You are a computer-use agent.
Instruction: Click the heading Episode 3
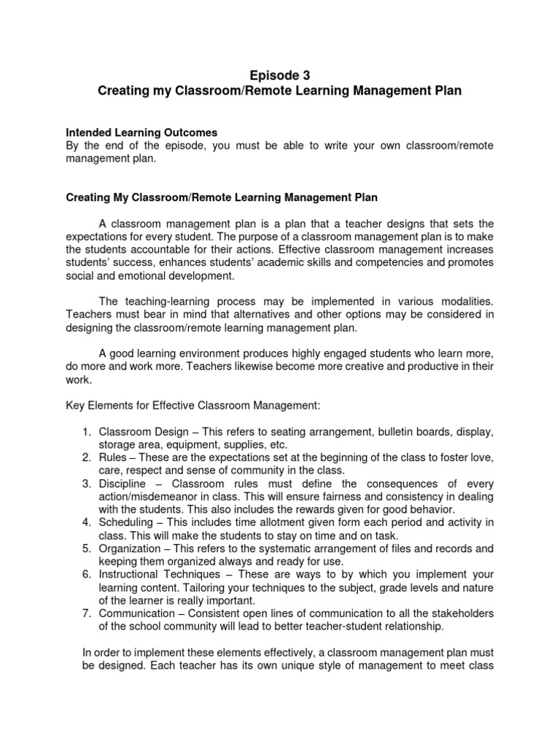(x=279, y=75)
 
